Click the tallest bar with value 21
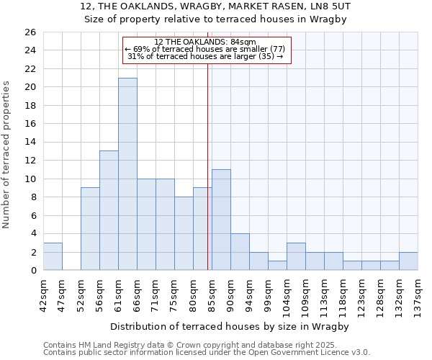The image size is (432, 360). click(x=127, y=174)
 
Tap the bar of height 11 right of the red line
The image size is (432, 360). click(x=221, y=220)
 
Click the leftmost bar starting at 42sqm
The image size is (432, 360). click(x=53, y=256)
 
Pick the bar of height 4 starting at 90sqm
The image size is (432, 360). click(x=240, y=251)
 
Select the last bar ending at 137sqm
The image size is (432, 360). click(x=408, y=261)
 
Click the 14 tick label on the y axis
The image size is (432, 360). click(x=30, y=143)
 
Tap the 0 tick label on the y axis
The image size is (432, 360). click(x=32, y=271)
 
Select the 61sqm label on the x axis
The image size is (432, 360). click(x=118, y=294)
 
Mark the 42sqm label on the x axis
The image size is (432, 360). click(x=43, y=294)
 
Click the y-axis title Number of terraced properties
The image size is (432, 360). click(x=6, y=154)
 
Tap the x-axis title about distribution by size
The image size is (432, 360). click(x=230, y=326)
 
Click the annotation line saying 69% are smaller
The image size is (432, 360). click(x=205, y=49)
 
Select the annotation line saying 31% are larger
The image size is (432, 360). click(x=205, y=57)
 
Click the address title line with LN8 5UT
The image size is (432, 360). click(x=216, y=6)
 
